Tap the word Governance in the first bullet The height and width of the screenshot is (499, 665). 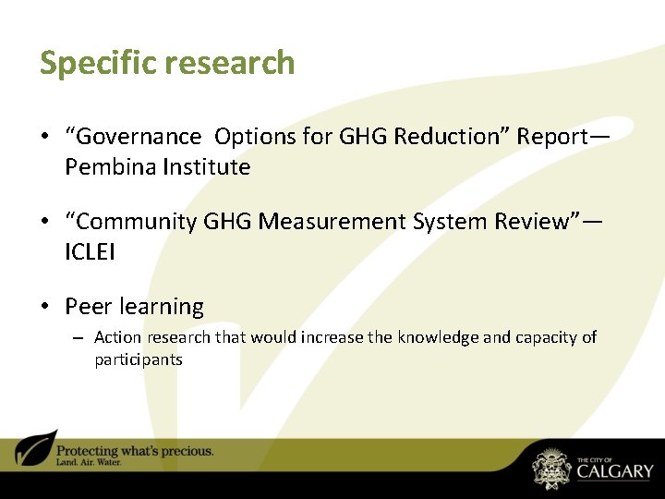pos(138,137)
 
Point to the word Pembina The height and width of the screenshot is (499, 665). pos(108,167)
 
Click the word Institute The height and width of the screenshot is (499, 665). pos(204,167)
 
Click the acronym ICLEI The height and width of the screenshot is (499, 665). pos(90,252)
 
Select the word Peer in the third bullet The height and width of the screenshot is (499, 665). pos(87,307)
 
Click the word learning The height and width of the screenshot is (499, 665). pos(160,307)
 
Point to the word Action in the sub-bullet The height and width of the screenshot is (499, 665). pos(116,337)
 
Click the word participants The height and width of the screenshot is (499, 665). pos(139,359)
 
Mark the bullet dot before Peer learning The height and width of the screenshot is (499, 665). pos(44,307)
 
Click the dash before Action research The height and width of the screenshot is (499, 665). pos(78,338)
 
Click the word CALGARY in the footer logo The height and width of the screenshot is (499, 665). pos(614,471)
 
